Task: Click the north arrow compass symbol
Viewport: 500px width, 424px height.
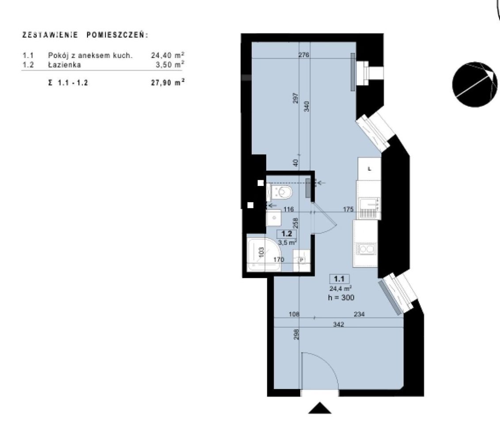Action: tap(474, 84)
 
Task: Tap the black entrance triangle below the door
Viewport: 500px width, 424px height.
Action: tap(320, 408)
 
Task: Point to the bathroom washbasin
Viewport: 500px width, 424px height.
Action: tap(273, 218)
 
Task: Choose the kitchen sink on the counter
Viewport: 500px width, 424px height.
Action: tap(367, 249)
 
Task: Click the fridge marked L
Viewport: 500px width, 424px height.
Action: tap(369, 169)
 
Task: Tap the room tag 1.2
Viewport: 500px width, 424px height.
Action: tap(286, 234)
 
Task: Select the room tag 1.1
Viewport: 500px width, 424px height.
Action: tap(339, 279)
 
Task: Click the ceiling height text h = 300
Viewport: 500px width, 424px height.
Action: tap(341, 298)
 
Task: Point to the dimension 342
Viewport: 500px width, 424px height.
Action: tap(338, 325)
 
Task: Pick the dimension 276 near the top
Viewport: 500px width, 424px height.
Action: tap(303, 55)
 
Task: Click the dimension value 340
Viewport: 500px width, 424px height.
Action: tap(307, 106)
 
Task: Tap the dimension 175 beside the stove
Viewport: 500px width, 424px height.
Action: tap(348, 209)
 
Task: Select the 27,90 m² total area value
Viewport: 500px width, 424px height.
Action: tap(168, 83)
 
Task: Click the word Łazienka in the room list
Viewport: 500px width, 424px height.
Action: tap(64, 65)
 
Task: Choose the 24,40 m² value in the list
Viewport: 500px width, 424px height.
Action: tap(168, 55)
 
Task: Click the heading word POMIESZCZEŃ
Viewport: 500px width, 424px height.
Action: tap(117, 35)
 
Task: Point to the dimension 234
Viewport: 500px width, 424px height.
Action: tap(359, 314)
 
